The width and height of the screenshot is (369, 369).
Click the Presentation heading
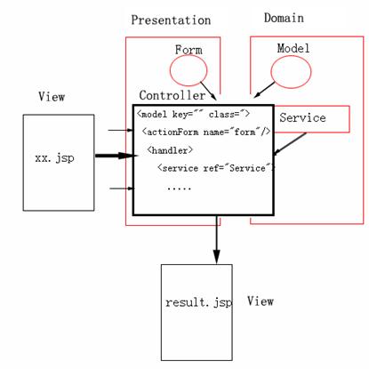(171, 20)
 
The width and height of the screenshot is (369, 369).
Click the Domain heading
(284, 18)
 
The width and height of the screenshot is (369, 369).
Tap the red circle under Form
(170, 70)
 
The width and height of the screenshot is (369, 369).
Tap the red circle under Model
(270, 72)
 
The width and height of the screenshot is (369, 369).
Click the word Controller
(172, 95)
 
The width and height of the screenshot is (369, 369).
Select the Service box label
(302, 117)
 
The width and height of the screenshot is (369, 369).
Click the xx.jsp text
(54, 157)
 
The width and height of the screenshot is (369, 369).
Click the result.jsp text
(198, 302)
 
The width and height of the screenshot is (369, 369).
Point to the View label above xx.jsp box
(52, 97)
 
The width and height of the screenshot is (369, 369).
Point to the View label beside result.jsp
(261, 301)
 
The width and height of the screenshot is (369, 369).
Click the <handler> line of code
(170, 150)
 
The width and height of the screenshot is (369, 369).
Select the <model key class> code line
(194, 114)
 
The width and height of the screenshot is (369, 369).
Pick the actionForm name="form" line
(206, 132)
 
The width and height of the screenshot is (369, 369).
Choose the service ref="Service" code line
(216, 168)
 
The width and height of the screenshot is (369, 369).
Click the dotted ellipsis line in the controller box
(179, 189)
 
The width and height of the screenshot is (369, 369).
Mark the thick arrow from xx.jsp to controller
(116, 156)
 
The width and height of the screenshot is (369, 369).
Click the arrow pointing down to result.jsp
(217, 239)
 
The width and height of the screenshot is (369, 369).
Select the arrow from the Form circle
(208, 91)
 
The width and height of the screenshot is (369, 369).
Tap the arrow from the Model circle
(265, 90)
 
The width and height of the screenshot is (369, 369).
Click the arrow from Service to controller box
(290, 144)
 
